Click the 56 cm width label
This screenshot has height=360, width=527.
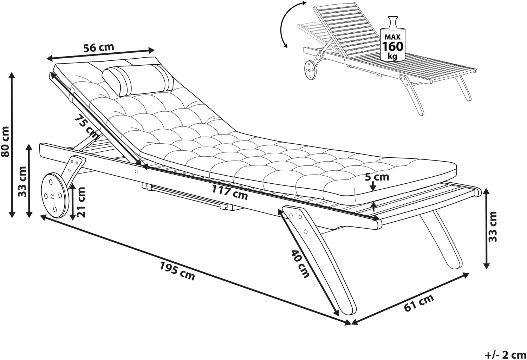pos(99,47)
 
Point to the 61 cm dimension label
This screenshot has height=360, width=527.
pos(419,303)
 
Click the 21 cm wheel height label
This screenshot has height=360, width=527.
pos(81,202)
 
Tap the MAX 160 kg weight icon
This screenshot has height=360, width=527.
pos(393,39)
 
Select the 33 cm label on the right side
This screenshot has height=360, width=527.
pos(494,227)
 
